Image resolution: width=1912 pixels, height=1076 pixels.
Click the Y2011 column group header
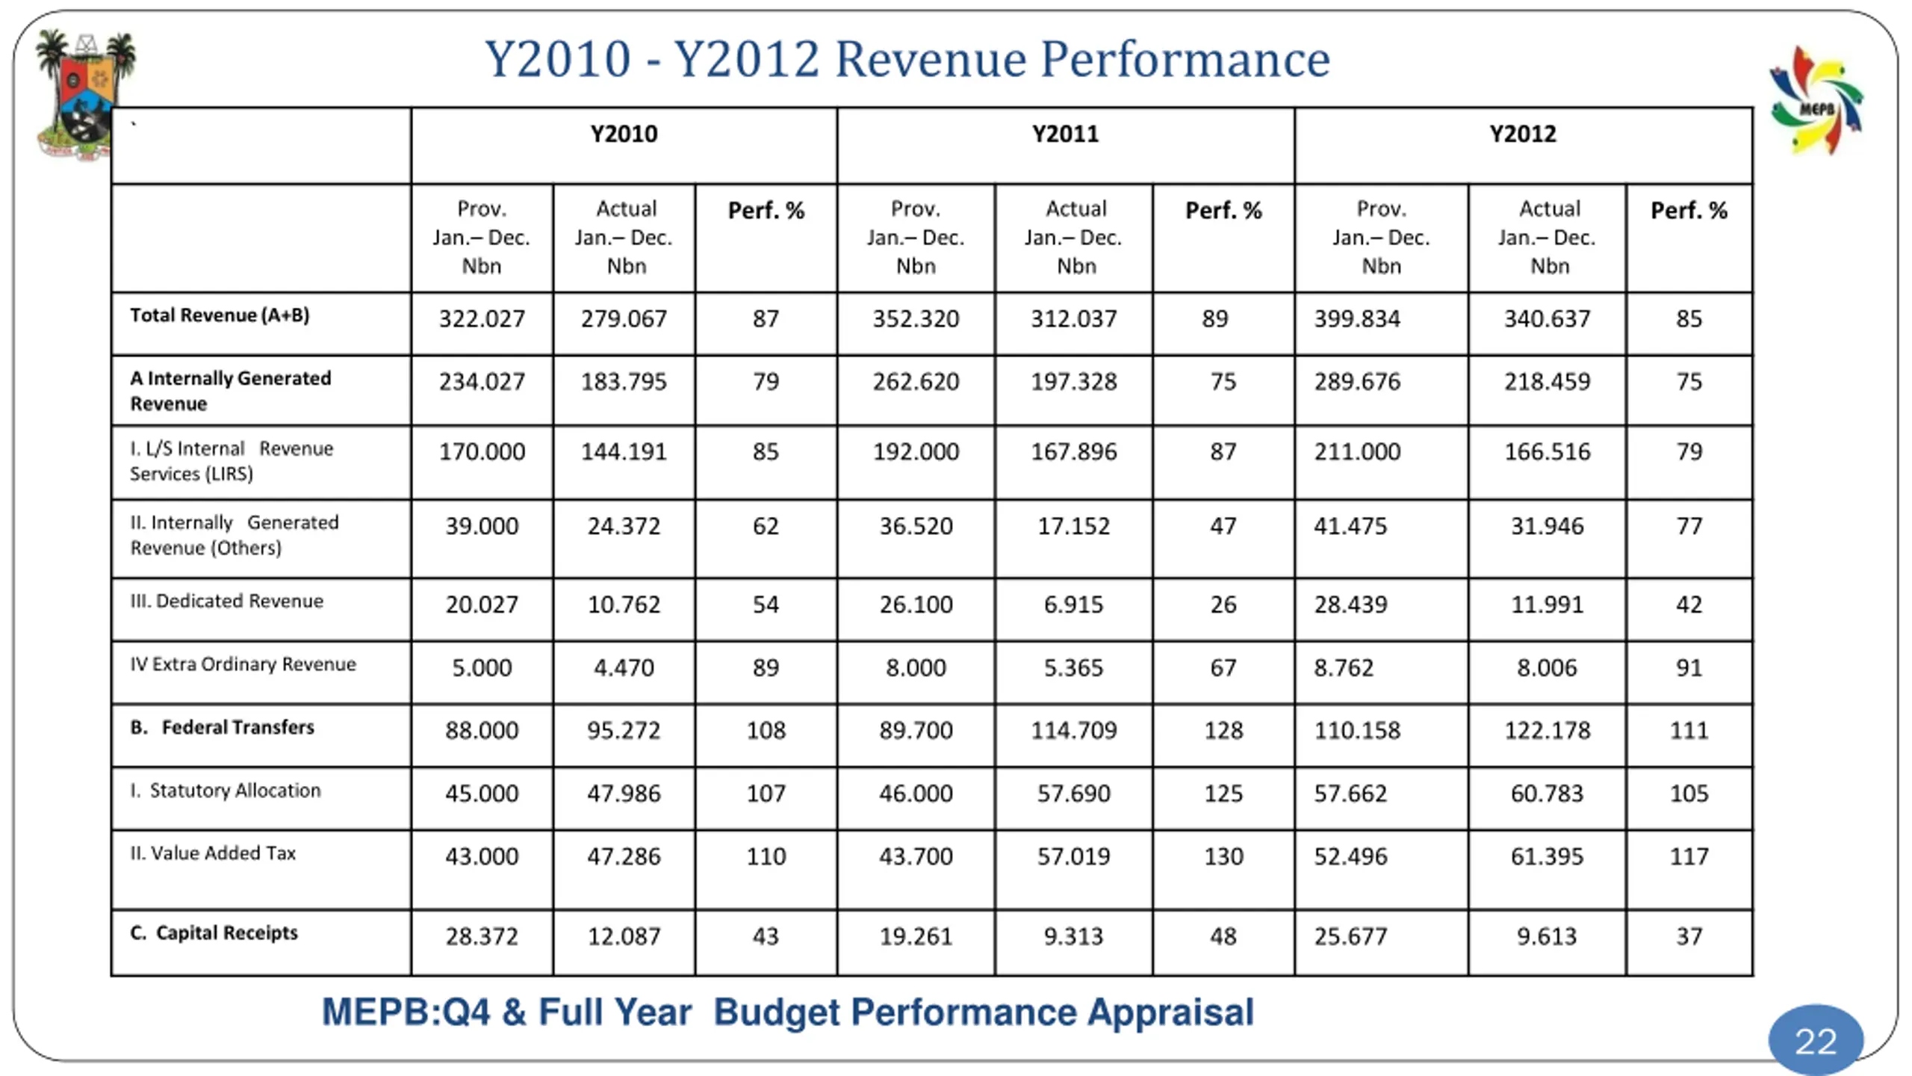[1065, 134]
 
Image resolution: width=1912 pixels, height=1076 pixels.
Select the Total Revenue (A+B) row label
[220, 315]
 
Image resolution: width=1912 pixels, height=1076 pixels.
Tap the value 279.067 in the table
[624, 319]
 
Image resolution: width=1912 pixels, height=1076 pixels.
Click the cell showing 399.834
[1357, 319]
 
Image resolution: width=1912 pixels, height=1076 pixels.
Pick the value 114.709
[1073, 730]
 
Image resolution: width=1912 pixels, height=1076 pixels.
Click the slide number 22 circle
[1815, 1040]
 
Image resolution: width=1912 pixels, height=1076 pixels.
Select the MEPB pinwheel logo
[1816, 102]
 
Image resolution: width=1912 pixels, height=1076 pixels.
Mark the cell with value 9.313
[1073, 936]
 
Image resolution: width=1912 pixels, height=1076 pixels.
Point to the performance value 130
[1223, 856]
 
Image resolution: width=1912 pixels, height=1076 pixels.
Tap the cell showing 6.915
[1073, 605]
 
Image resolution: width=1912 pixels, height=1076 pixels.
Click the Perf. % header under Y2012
[1688, 211]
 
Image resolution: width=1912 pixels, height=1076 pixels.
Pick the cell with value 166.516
[1547, 452]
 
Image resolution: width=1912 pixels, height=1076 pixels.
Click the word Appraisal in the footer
[1170, 1012]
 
